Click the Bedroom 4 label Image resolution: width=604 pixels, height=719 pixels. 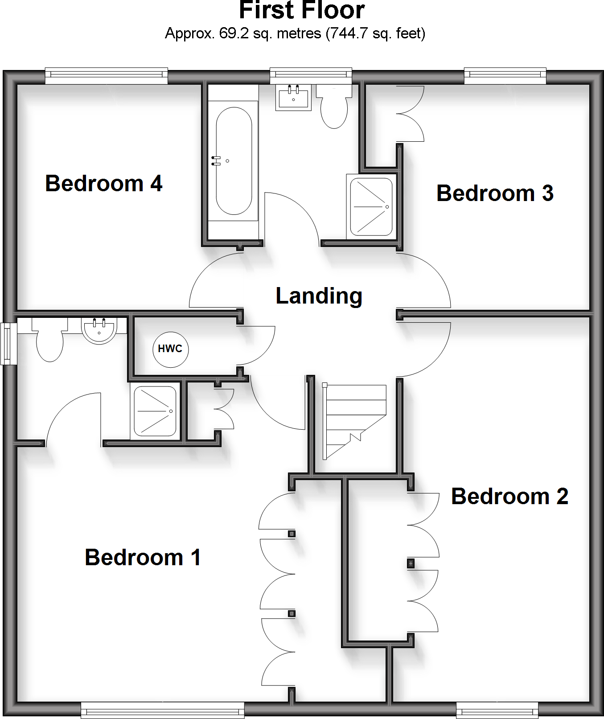click(x=104, y=184)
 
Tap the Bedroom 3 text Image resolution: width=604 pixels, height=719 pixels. click(x=495, y=193)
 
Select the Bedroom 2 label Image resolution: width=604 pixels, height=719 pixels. click(x=509, y=497)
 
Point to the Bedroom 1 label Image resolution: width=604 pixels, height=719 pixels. click(x=143, y=558)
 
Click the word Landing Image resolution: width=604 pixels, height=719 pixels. click(x=319, y=296)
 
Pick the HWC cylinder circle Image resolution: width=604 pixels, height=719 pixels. click(x=170, y=349)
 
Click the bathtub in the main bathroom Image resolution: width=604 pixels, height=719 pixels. click(x=234, y=160)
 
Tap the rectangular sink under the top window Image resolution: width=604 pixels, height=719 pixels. click(x=293, y=98)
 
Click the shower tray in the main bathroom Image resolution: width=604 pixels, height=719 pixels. click(x=371, y=206)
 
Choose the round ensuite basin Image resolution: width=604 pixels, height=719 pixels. click(x=99, y=330)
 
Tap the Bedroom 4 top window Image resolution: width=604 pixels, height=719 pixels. click(x=107, y=76)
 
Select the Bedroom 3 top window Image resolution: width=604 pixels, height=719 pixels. click(x=505, y=76)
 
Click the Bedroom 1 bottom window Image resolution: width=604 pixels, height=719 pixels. click(x=163, y=710)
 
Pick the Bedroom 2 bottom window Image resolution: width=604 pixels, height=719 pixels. click(x=497, y=710)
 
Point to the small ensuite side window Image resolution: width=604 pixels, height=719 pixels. click(x=8, y=344)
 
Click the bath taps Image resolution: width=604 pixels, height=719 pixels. click(x=216, y=161)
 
